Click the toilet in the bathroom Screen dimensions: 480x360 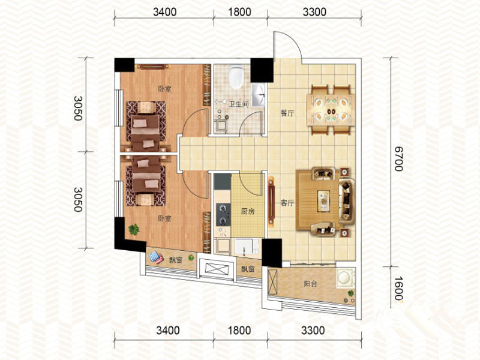click(x=236, y=77)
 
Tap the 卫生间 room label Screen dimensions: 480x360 click(x=239, y=104)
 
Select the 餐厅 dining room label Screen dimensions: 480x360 click(x=287, y=113)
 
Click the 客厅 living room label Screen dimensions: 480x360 click(x=287, y=203)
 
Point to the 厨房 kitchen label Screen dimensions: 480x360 click(x=248, y=212)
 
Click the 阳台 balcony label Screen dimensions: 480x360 click(x=310, y=284)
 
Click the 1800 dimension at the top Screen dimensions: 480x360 click(x=239, y=12)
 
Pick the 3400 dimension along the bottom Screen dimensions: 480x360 click(x=168, y=331)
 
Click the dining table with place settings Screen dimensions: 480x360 click(x=331, y=110)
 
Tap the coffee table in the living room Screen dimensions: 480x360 click(x=323, y=201)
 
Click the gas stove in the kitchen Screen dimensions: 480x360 click(x=223, y=214)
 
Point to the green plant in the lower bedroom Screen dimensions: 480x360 click(x=134, y=229)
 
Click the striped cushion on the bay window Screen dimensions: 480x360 click(x=156, y=257)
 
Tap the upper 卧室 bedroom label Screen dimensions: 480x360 click(x=164, y=89)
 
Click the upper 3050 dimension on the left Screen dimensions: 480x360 click(x=78, y=108)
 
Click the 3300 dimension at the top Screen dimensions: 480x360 click(x=314, y=12)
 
